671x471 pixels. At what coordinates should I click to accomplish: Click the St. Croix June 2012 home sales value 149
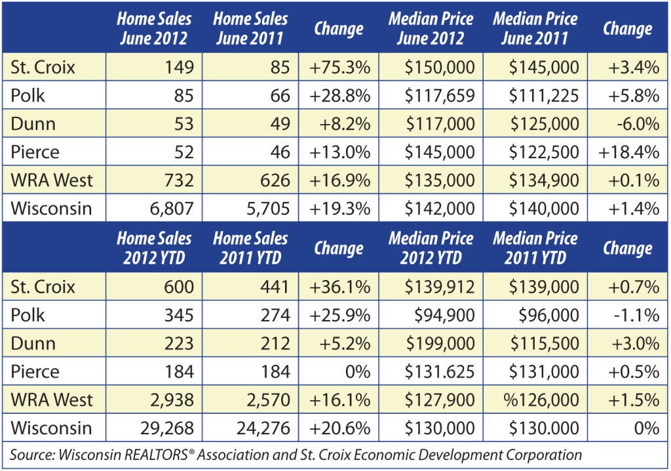tap(180, 68)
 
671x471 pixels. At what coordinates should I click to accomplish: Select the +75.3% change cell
tap(339, 68)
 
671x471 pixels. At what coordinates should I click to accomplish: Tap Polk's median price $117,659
tap(440, 96)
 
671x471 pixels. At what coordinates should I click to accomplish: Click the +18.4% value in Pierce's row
tap(628, 152)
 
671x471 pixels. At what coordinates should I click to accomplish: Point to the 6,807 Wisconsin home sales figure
tap(172, 209)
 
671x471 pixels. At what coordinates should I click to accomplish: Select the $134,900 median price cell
tap(544, 180)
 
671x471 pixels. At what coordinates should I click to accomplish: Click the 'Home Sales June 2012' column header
tap(154, 28)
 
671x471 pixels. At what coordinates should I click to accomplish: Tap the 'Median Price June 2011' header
tap(535, 28)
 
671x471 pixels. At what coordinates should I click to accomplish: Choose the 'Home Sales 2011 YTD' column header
tap(250, 248)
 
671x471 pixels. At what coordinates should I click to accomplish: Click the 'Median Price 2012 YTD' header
tap(431, 248)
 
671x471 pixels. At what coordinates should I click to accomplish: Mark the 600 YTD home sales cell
tap(179, 287)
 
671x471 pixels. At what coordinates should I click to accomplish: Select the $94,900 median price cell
tap(445, 315)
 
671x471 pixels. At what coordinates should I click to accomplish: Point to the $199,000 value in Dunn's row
tap(440, 343)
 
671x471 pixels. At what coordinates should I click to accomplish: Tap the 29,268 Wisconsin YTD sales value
tap(167, 428)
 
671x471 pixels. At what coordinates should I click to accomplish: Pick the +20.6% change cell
tap(339, 428)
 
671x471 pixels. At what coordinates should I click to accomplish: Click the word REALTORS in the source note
tap(161, 455)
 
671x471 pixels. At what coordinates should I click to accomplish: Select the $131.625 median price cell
tap(440, 371)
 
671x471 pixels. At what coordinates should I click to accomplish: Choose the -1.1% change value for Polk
tap(636, 315)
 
